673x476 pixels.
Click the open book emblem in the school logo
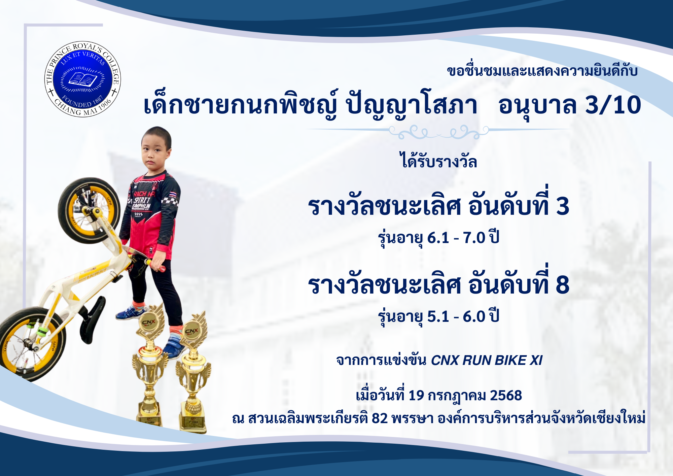tap(83, 80)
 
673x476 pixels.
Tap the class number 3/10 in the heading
tap(613, 105)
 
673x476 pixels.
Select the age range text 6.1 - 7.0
tap(456, 238)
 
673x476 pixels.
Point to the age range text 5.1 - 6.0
tap(456, 316)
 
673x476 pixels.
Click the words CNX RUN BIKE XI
tap(487, 360)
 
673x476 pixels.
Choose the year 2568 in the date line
tap(506, 395)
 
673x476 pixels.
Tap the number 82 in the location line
tap(380, 418)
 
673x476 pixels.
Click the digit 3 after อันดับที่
tap(562, 206)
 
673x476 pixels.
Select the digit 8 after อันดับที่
tap(562, 285)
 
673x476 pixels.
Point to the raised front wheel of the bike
tap(89, 210)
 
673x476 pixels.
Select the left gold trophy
tap(150, 364)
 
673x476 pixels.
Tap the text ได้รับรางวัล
tap(438, 161)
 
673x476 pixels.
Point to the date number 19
tap(416, 395)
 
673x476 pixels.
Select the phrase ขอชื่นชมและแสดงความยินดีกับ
tap(542, 71)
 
